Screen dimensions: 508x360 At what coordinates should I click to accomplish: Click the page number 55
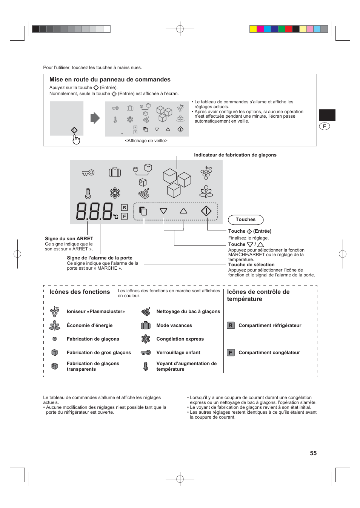[x=313, y=453]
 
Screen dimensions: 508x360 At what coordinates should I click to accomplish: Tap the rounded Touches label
[x=246, y=219]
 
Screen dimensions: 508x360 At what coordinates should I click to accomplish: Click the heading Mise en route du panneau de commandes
[x=110, y=80]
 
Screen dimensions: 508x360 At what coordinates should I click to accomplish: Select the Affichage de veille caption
[x=146, y=141]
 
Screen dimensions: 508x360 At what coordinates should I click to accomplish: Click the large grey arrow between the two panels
[x=95, y=118]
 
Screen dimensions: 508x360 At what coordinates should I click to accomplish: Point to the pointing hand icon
[x=76, y=140]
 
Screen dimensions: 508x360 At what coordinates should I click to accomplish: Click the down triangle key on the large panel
[x=163, y=211]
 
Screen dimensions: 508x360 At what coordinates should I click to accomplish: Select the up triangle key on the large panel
[x=183, y=211]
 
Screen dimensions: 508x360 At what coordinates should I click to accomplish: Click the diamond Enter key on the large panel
[x=206, y=211]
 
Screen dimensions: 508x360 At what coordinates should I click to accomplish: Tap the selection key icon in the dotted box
[x=143, y=211]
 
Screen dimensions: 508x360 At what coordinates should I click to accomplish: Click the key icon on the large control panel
[x=88, y=173]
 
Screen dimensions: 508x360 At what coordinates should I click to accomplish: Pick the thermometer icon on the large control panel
[x=88, y=193]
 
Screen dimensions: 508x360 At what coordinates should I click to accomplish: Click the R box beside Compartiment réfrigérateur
[x=231, y=325]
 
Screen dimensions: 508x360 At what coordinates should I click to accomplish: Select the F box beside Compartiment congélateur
[x=231, y=353]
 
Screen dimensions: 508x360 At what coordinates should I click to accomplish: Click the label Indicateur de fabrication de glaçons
[x=235, y=155]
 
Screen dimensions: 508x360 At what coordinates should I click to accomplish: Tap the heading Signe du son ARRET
[x=69, y=239]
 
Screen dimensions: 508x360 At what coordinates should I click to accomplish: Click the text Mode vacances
[x=174, y=325]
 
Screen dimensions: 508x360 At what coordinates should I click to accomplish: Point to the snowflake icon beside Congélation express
[x=146, y=339]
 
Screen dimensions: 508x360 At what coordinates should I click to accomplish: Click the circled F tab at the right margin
[x=325, y=126]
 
